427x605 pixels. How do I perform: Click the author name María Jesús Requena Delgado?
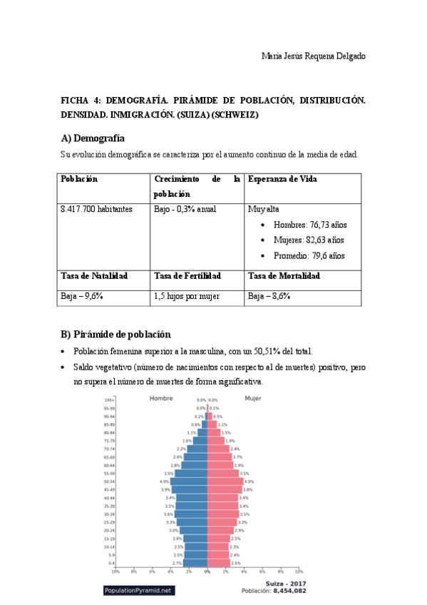[x=313, y=56]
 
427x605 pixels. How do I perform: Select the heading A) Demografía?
[x=93, y=138]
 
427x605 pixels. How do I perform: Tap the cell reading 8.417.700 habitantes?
[x=96, y=209]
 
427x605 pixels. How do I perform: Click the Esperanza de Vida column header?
[x=282, y=179]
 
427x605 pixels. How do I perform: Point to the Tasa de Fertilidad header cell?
[x=187, y=276]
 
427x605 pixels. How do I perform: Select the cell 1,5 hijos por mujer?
[x=186, y=296]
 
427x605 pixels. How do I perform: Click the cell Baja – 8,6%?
[x=269, y=296]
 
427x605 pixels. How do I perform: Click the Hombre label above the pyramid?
[x=161, y=398]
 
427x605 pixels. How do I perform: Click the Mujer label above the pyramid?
[x=252, y=398]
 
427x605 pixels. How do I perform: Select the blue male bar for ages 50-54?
[x=189, y=482]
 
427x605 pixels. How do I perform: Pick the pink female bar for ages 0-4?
[x=218, y=563]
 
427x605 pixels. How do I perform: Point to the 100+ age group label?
[x=109, y=400]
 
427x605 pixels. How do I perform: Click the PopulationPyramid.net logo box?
[x=138, y=591]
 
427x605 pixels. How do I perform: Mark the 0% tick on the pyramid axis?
[x=207, y=571]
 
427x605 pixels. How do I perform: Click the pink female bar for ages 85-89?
[x=212, y=424]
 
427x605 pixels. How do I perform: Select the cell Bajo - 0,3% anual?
[x=185, y=209]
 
